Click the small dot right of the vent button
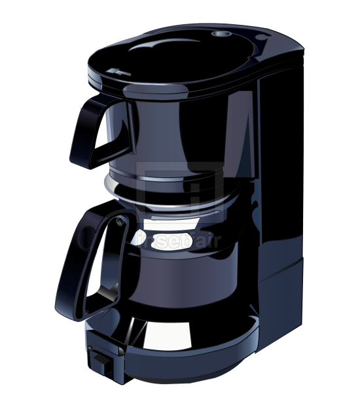tap(261, 38)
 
